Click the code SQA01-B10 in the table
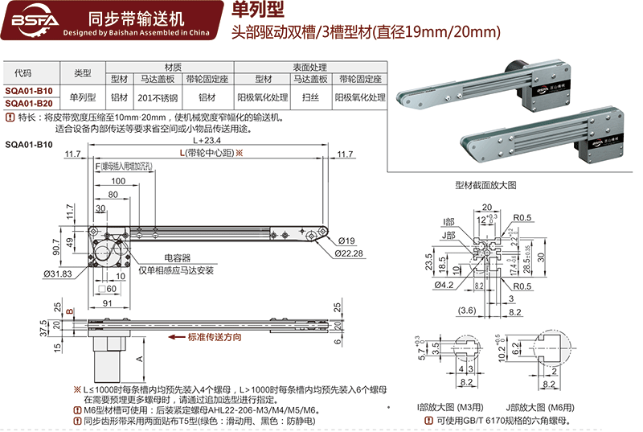click(x=30, y=90)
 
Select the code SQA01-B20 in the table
click(x=30, y=103)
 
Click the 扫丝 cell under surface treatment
click(x=310, y=97)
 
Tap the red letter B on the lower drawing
click(x=70, y=310)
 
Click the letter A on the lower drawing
click(x=141, y=358)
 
